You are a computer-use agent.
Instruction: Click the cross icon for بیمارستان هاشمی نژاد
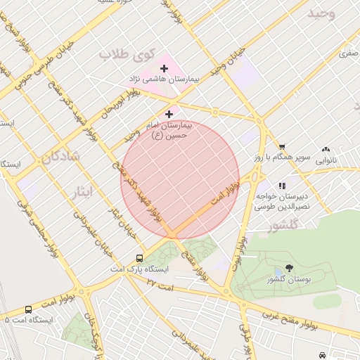(x=165, y=68)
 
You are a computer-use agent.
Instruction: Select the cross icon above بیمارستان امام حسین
(x=169, y=114)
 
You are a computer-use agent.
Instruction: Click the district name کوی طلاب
(x=126, y=54)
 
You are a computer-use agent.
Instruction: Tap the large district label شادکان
(x=60, y=156)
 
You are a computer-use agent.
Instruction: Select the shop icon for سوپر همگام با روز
(x=282, y=146)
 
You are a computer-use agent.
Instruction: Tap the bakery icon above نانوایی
(x=326, y=149)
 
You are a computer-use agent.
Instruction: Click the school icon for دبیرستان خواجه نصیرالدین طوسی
(x=282, y=186)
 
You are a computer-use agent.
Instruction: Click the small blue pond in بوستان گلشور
(x=279, y=272)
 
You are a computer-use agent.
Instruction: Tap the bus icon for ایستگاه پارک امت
(x=139, y=258)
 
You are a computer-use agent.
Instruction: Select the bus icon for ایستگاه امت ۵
(x=28, y=309)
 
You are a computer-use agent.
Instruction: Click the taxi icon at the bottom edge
(x=322, y=356)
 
